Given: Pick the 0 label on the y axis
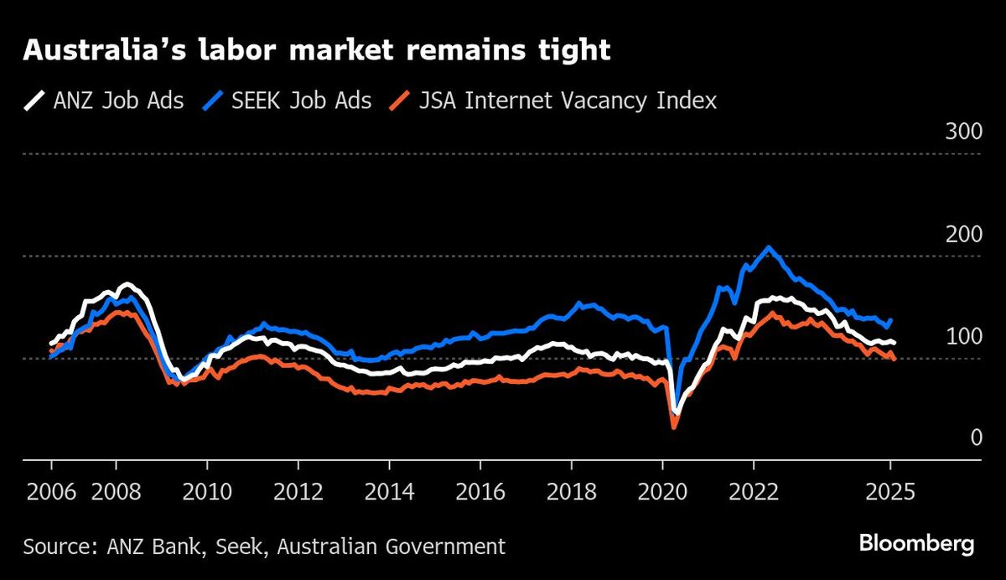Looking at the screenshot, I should coord(952,438).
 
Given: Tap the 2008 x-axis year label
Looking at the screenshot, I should coord(115,490).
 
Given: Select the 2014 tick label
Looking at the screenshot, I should coord(389,490).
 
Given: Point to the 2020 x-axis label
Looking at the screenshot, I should coord(662,490).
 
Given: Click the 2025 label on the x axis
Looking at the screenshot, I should coord(890,490).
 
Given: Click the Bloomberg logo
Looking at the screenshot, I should coord(916,545).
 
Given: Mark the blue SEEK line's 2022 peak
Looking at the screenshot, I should coord(768,247).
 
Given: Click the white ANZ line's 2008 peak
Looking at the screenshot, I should coord(127,284).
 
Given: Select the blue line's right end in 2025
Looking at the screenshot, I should coord(890,319).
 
